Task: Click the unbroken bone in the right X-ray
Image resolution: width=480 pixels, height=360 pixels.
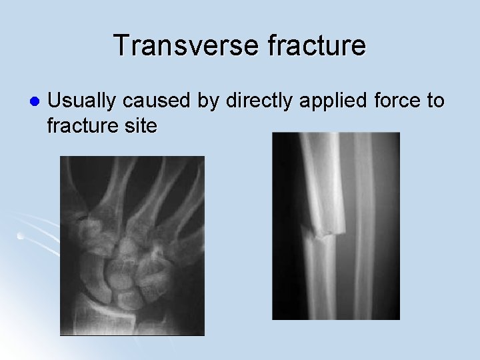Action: pyautogui.click(x=365, y=227)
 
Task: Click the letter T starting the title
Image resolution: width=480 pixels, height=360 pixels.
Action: pyautogui.click(x=122, y=46)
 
